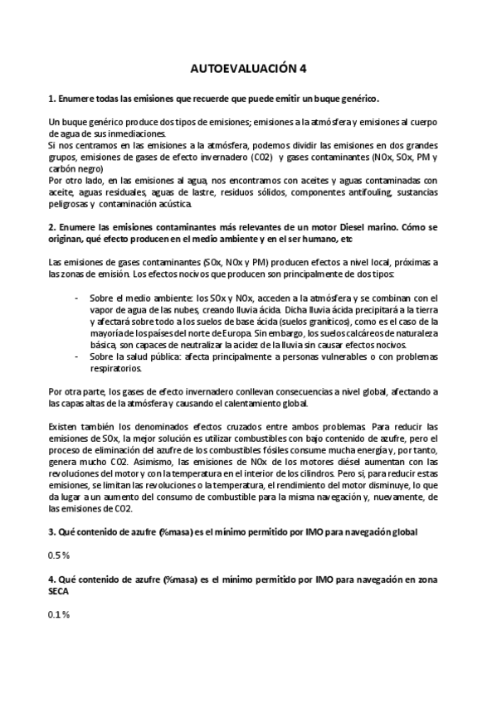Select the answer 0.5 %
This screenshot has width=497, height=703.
[x=59, y=555]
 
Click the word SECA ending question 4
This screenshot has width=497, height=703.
[x=61, y=593]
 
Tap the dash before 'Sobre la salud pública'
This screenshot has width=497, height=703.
[x=77, y=356]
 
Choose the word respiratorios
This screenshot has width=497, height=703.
[x=117, y=368]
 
